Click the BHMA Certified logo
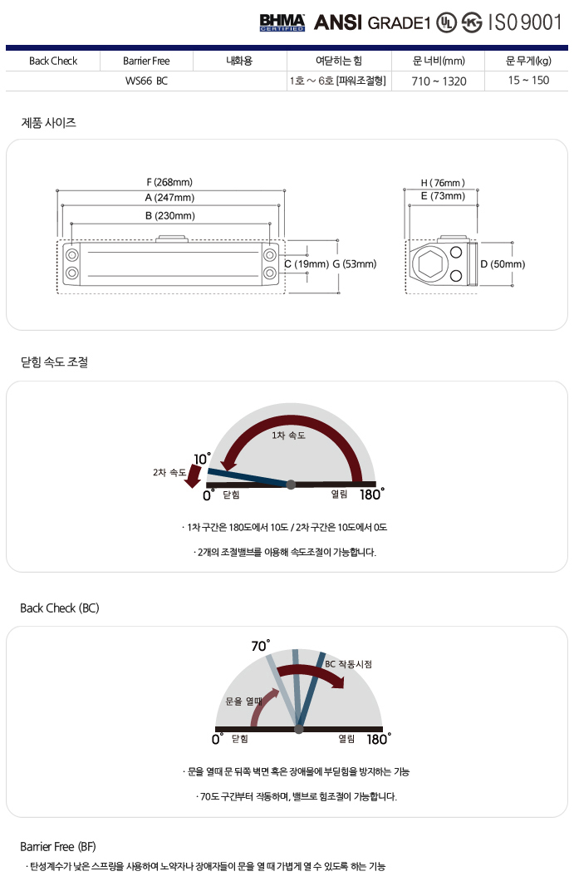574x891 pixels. pyautogui.click(x=282, y=22)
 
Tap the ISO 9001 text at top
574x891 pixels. pyautogui.click(x=524, y=22)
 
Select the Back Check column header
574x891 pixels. pyautogui.click(x=52, y=61)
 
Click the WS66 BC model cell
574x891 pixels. pyautogui.click(x=146, y=81)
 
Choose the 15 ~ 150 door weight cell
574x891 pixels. pyautogui.click(x=528, y=81)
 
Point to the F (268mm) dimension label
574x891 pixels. pyautogui.click(x=169, y=182)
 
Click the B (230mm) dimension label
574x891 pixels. pyautogui.click(x=169, y=215)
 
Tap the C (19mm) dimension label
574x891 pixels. pyautogui.click(x=307, y=264)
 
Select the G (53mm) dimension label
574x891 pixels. pyautogui.click(x=355, y=264)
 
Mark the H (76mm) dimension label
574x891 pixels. pyautogui.click(x=442, y=182)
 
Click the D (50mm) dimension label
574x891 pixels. pyautogui.click(x=503, y=264)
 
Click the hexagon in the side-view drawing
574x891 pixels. pyautogui.click(x=429, y=264)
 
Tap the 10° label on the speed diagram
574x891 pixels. pyautogui.click(x=202, y=459)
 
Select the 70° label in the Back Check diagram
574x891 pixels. pyautogui.click(x=260, y=645)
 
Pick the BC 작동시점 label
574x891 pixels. pyautogui.click(x=348, y=664)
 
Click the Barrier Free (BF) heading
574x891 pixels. pyautogui.click(x=58, y=847)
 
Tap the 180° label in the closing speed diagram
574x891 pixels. pyautogui.click(x=371, y=494)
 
